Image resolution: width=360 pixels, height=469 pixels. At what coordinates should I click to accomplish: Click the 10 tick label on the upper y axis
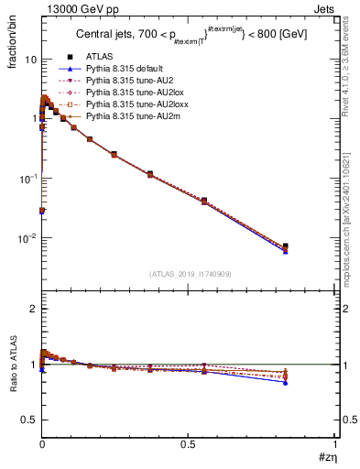[29, 60]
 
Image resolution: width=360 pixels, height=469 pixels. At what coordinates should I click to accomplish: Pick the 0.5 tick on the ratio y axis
[29, 420]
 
